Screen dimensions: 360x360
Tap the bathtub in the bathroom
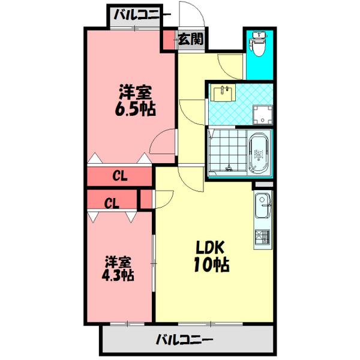coord(259,153)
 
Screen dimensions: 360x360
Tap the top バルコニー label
coord(137,14)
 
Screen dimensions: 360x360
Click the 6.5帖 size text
coord(136,110)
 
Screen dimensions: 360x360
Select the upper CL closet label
coord(119,176)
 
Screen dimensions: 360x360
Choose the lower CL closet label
coord(112,203)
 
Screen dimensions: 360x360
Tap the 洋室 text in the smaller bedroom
coord(118,262)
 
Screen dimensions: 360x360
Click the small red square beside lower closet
coord(145,199)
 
